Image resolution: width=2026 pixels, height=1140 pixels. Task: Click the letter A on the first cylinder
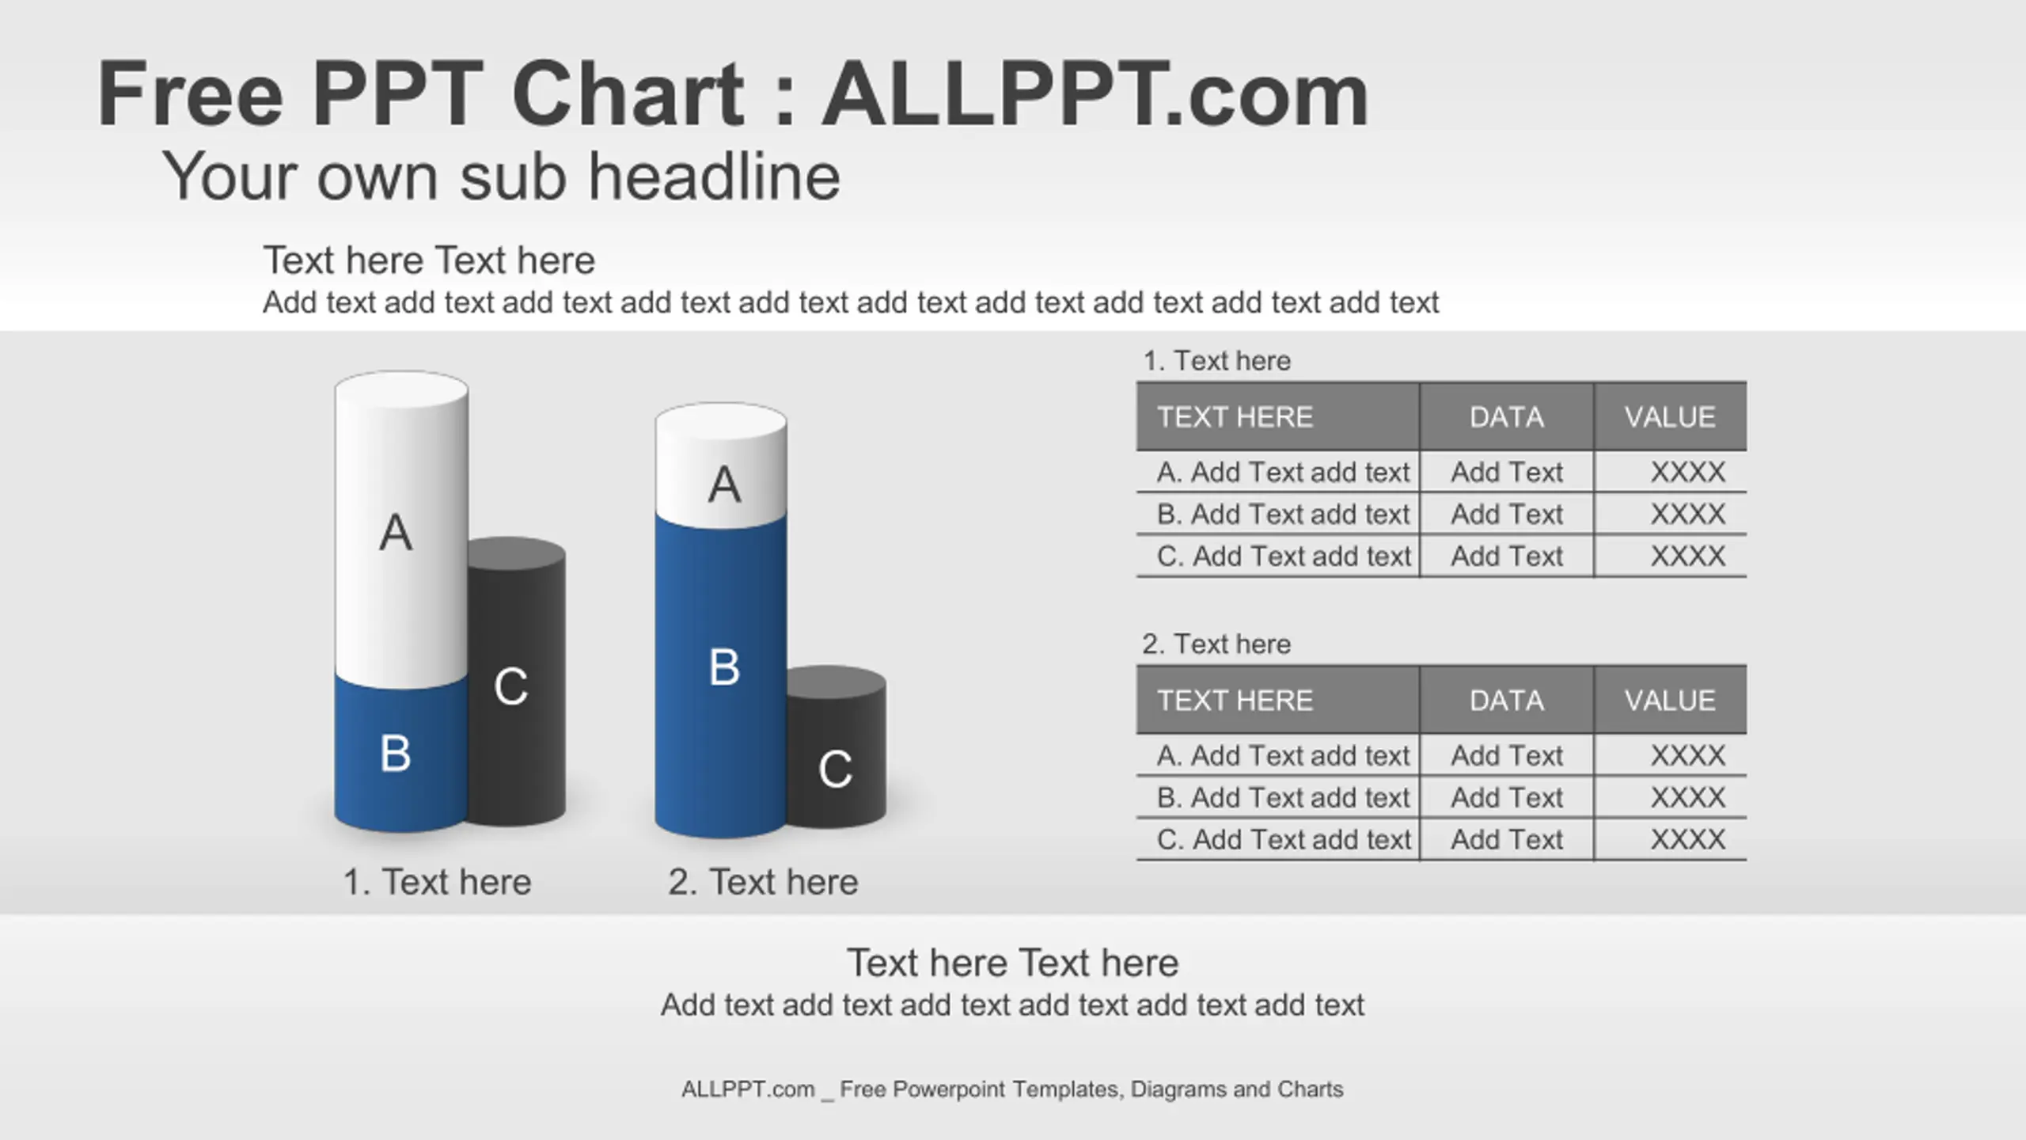coord(396,532)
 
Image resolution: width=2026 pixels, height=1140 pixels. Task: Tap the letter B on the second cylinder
coord(724,667)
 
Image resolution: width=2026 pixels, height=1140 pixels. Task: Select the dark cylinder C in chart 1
coord(516,682)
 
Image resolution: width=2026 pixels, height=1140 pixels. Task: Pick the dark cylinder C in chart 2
coord(837,747)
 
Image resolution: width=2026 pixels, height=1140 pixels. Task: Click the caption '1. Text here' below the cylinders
coord(437,882)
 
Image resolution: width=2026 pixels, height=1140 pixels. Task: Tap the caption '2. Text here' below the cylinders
coord(763,882)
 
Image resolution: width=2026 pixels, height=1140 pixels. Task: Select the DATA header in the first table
coord(1507,417)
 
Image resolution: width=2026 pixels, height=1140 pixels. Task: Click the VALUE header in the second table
coord(1670,701)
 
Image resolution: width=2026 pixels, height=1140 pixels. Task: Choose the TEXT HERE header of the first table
coord(1235,417)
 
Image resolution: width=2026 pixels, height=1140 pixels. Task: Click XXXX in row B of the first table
coord(1687,515)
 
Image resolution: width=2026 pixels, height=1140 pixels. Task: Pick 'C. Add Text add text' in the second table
coord(1284,839)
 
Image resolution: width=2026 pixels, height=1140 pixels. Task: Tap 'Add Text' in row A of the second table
coord(1507,756)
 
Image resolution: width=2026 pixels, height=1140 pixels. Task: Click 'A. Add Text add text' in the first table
coord(1283,473)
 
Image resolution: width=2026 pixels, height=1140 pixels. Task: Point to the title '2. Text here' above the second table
coord(1216,644)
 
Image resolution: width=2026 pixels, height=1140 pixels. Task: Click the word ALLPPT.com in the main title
coord(1095,94)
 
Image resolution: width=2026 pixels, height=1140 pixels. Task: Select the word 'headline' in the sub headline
coord(715,176)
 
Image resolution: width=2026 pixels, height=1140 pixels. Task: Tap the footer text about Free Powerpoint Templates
coord(1012,1090)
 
